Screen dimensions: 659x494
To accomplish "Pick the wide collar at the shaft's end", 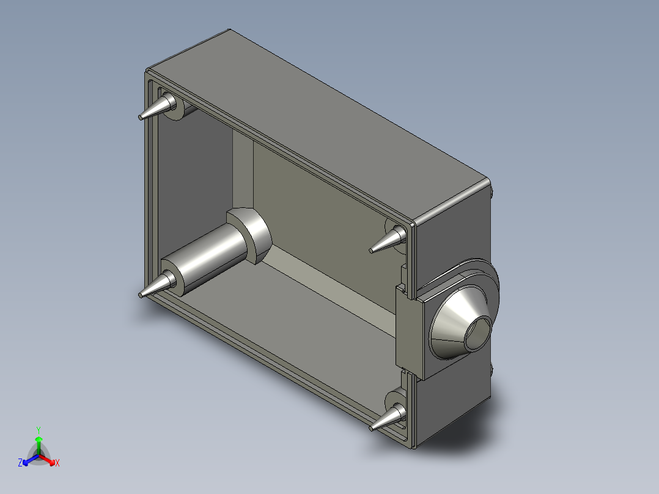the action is (x=251, y=235).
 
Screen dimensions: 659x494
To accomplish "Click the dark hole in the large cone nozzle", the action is (x=478, y=333).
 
